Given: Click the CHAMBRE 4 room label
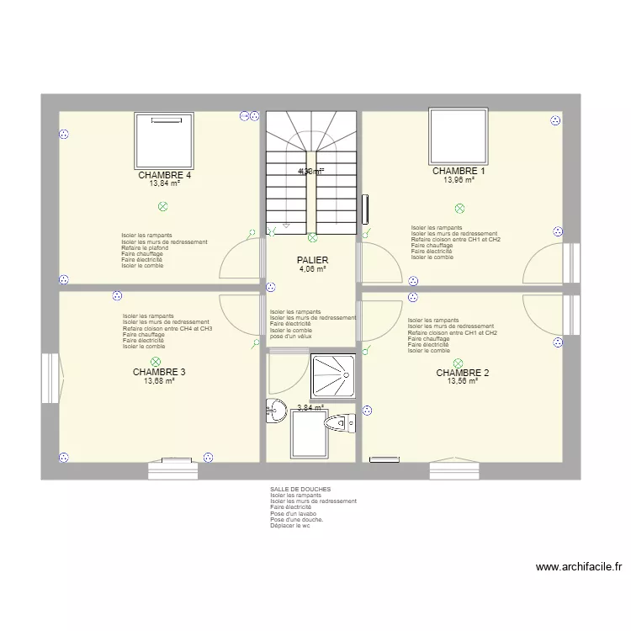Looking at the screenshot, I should (x=165, y=175).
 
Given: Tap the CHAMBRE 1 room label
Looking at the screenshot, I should (x=459, y=171).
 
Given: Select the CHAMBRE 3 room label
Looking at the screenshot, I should (x=159, y=372).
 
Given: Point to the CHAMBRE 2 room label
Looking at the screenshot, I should (x=462, y=372).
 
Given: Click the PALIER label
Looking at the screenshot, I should (x=312, y=261).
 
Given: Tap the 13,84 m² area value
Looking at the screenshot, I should (x=165, y=183).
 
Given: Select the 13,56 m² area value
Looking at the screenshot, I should (x=462, y=380).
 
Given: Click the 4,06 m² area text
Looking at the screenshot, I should (x=312, y=269).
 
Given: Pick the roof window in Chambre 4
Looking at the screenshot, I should (x=165, y=140).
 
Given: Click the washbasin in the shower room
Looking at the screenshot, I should (x=275, y=411).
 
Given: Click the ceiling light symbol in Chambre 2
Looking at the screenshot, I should (x=459, y=363).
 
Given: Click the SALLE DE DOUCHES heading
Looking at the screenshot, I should (x=300, y=489).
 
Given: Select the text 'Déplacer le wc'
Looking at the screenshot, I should (x=290, y=526).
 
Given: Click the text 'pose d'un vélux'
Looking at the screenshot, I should (x=291, y=337).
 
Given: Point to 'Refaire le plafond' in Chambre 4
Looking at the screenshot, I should (x=145, y=248).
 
